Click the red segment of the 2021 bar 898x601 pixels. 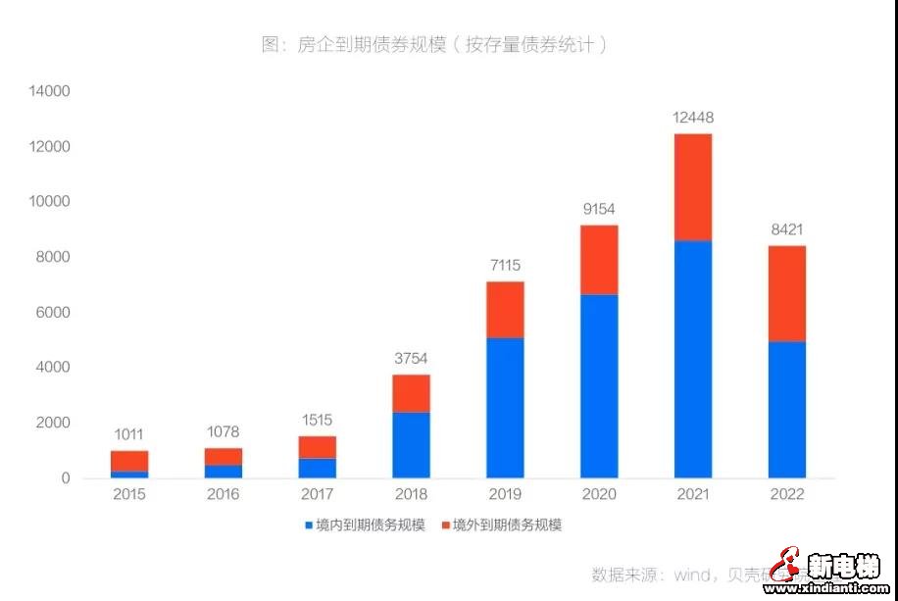click(693, 187)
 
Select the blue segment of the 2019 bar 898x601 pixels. click(505, 408)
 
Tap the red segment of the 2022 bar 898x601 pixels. click(786, 293)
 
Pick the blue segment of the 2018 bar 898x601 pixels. click(411, 444)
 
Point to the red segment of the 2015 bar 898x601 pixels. click(129, 461)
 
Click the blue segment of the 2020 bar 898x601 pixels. click(599, 386)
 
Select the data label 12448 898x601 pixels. click(693, 118)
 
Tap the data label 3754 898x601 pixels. click(411, 358)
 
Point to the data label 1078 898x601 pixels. click(223, 431)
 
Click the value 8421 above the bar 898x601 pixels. click(786, 229)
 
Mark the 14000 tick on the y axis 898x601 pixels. click(50, 91)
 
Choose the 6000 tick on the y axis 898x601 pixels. click(53, 312)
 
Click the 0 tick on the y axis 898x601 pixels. click(66, 478)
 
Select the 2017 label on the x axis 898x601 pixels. click(317, 494)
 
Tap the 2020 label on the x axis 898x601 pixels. click(599, 494)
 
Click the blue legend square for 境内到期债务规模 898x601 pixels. click(308, 526)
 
